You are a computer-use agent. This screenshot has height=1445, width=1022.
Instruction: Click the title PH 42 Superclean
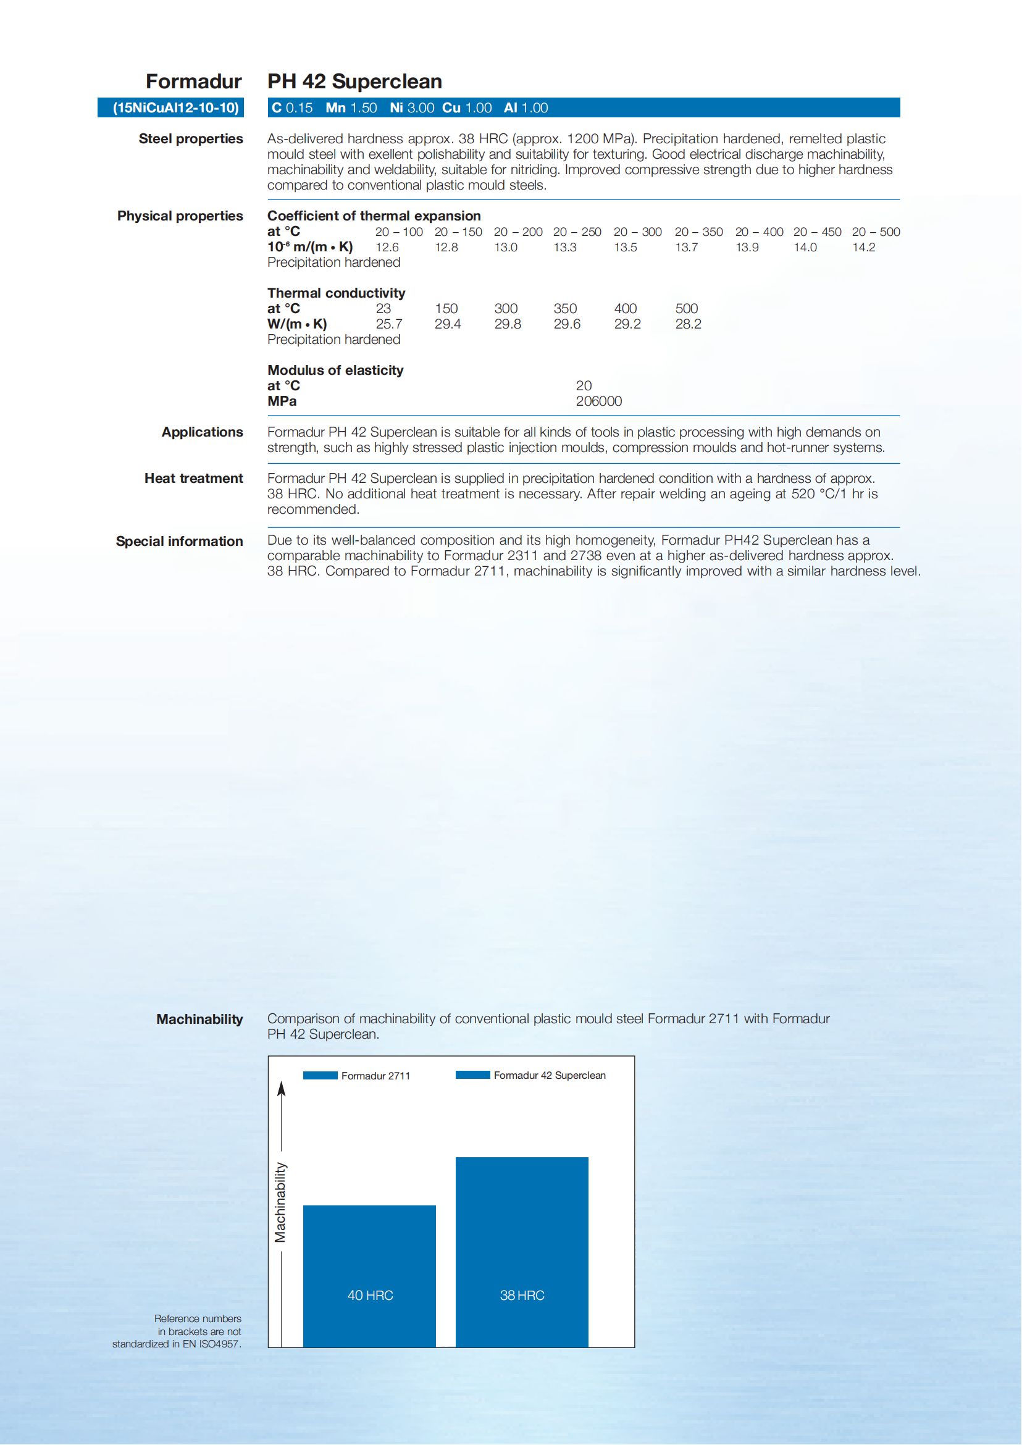[354, 81]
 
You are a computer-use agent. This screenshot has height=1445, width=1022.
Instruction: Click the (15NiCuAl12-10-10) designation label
[175, 107]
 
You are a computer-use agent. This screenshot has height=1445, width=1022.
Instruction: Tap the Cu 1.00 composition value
[466, 107]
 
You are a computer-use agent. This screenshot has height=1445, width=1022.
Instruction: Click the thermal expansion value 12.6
[387, 248]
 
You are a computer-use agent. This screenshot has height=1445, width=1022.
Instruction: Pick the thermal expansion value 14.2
[863, 248]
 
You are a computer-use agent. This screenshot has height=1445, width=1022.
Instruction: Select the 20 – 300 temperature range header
[637, 232]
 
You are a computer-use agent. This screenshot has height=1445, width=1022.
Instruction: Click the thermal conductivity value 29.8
[507, 324]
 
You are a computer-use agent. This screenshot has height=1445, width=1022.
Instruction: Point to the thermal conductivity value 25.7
[389, 324]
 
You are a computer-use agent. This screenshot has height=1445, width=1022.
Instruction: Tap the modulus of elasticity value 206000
[598, 401]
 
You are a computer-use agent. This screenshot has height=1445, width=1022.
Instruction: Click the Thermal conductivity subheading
[336, 293]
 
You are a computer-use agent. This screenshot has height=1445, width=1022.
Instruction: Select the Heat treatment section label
[193, 479]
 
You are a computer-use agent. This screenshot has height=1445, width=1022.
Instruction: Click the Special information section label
[179, 541]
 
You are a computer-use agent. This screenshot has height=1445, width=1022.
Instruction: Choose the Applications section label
[202, 432]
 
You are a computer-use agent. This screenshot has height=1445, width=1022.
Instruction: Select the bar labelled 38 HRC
[522, 1252]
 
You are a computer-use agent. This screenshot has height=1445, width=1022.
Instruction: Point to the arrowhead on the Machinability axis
[282, 1089]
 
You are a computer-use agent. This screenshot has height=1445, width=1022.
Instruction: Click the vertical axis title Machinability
[280, 1202]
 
